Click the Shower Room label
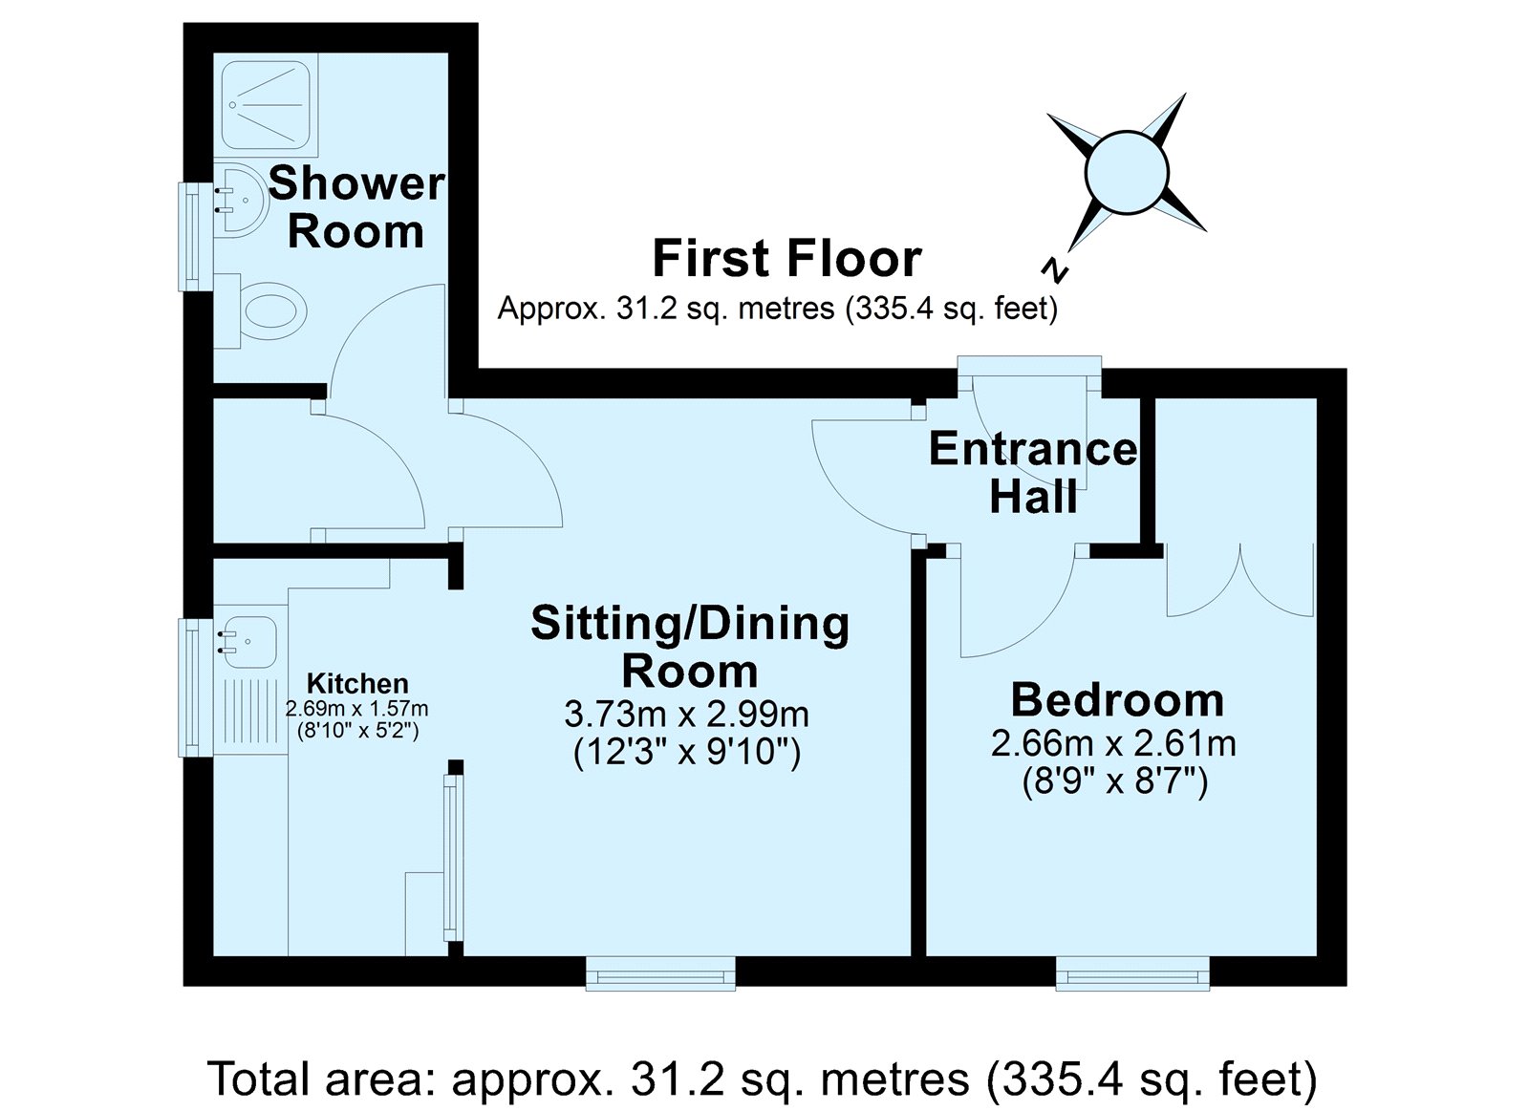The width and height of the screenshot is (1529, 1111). click(356, 207)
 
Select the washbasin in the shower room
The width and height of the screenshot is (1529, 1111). click(238, 200)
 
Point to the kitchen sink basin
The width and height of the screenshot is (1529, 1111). click(249, 642)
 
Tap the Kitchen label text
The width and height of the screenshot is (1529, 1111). click(357, 683)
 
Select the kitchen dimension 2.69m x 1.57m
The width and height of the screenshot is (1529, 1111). click(357, 709)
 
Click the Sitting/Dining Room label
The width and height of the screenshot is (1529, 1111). click(690, 647)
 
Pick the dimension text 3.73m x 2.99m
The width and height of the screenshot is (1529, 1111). click(687, 716)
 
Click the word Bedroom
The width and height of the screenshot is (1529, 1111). click(1118, 700)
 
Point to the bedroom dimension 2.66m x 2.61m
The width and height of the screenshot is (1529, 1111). click(1114, 744)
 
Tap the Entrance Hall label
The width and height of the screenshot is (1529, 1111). click(1033, 472)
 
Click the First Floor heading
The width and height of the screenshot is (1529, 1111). click(787, 258)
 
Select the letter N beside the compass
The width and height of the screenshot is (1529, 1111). click(1055, 270)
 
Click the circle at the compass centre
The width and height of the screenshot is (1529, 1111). click(1127, 173)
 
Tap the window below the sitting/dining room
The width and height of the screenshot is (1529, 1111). click(660, 974)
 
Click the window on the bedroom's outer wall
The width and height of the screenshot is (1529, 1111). click(1132, 974)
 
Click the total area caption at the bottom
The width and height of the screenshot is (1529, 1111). click(762, 1079)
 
